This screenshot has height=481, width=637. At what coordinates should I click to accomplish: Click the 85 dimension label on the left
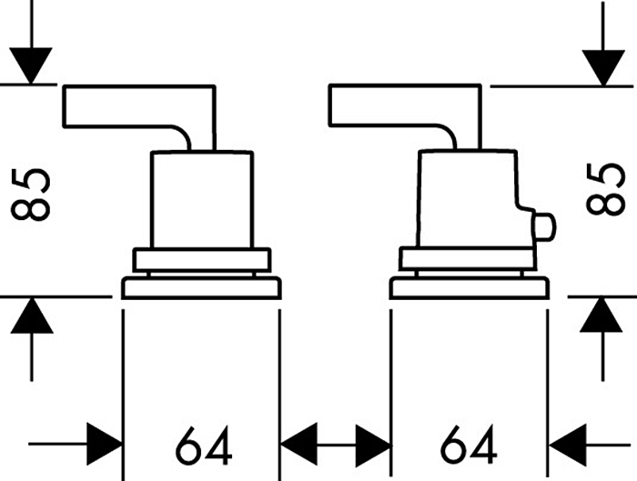pos(33,192)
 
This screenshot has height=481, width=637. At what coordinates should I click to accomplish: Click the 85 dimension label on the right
pos(604,189)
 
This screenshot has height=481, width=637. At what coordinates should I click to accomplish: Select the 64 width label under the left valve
pos(202,446)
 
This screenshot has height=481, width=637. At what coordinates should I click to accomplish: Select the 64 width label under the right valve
pos(469,446)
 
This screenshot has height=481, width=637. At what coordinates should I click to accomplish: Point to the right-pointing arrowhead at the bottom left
pos(104,445)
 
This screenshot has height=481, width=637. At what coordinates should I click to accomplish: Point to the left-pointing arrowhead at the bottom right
pos(568,445)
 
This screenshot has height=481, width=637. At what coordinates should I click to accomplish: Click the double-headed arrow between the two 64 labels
pos(335,445)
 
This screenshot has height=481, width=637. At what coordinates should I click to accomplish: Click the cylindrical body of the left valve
pos(200,200)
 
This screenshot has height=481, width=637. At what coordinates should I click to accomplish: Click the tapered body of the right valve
pos(469,200)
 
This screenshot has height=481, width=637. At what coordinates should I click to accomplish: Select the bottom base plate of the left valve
pos(201,289)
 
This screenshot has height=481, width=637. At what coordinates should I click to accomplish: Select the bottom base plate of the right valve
pos(469,289)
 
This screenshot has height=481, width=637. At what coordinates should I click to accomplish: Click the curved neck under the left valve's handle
pos(182,138)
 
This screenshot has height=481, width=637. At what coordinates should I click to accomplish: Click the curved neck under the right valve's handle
pos(448,138)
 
